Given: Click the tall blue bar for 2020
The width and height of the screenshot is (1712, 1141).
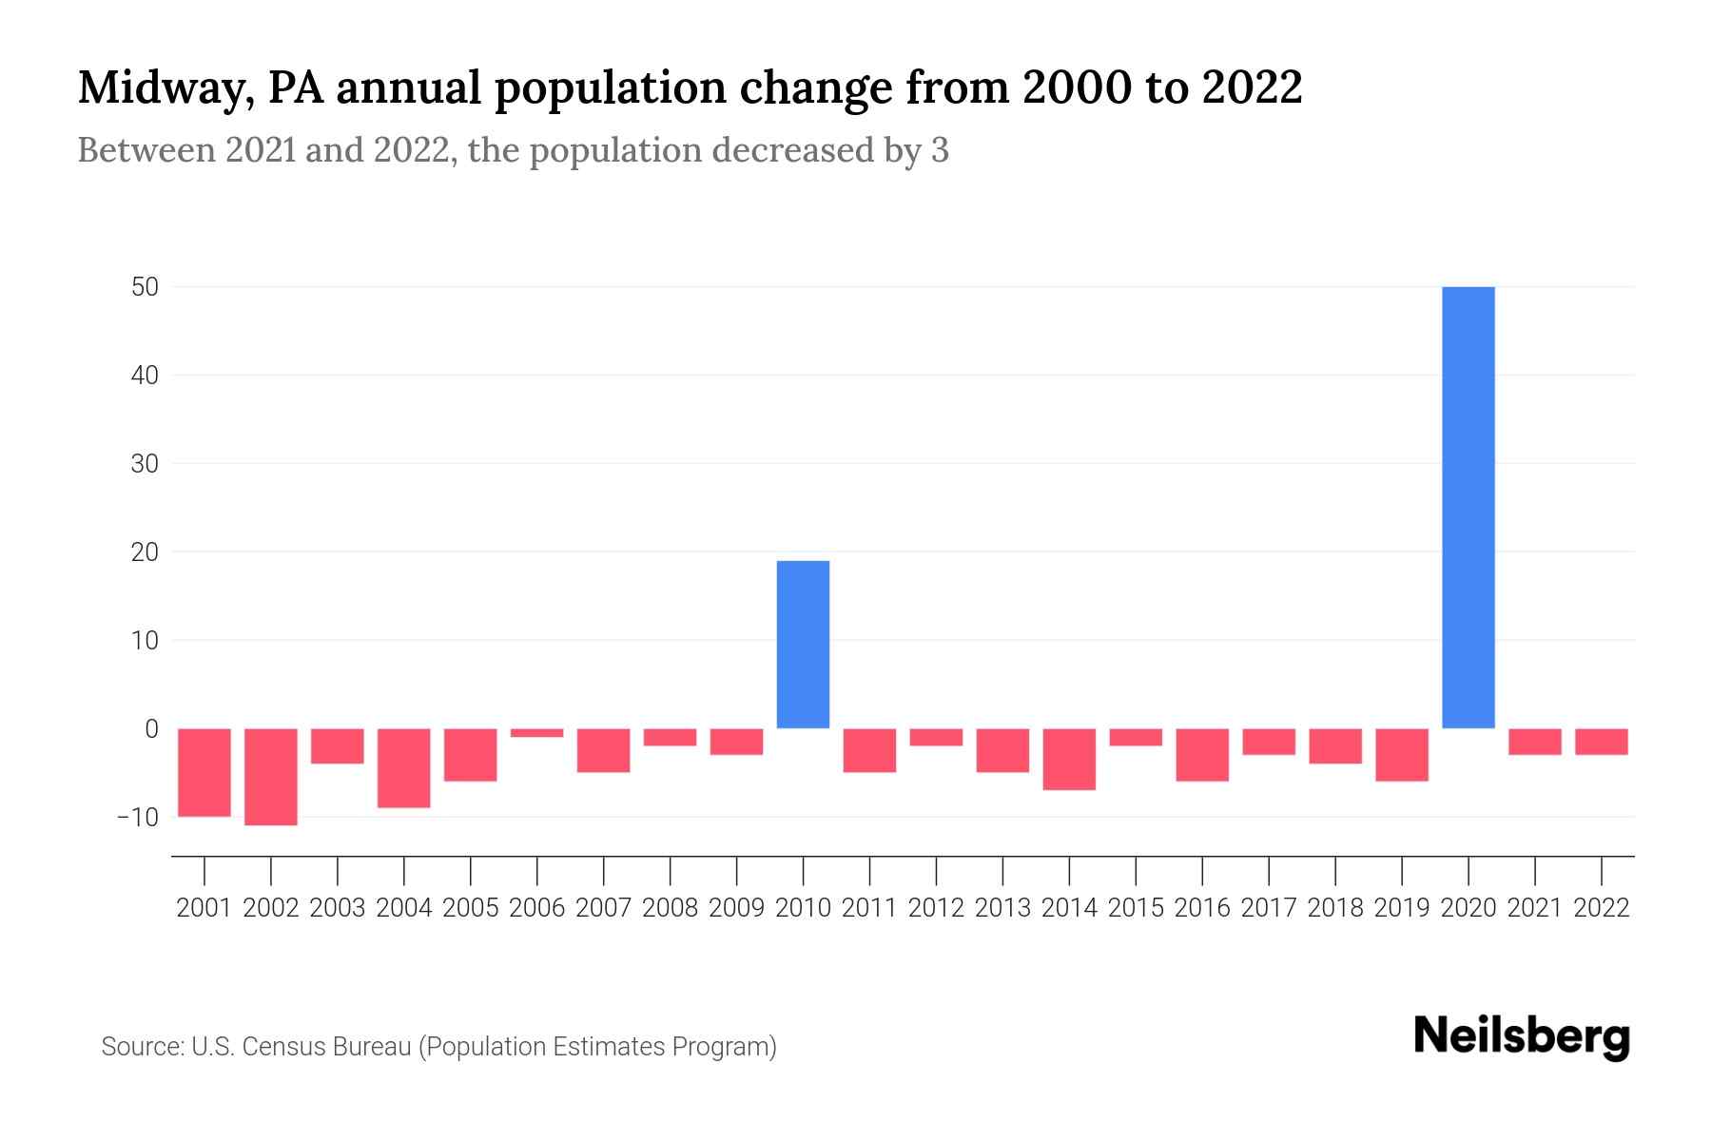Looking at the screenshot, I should pos(1468,507).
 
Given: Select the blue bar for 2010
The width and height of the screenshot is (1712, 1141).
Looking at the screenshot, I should pos(803,645).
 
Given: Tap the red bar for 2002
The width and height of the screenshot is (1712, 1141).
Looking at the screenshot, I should pos(271,777).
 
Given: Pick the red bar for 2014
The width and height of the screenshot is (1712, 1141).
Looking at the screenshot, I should pos(1069,759).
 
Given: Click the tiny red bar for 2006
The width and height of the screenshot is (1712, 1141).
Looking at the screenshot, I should pos(537,733).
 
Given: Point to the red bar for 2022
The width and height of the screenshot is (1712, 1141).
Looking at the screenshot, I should pos(1602,742).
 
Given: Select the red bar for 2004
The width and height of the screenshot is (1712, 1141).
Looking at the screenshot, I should pos(404,768).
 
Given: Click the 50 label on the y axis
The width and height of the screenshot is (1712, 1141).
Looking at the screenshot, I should pos(145,287).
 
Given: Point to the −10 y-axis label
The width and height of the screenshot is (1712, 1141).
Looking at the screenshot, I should pos(137,818).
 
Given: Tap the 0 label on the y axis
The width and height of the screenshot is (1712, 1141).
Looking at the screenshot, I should pos(151,729).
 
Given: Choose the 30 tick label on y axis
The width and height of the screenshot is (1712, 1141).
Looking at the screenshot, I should pos(145,464).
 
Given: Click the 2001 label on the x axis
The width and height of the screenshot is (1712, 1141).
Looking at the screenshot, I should pos(204,908).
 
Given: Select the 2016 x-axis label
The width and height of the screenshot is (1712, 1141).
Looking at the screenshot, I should pos(1202,908).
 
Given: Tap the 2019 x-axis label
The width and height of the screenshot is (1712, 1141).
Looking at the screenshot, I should pos(1402,908).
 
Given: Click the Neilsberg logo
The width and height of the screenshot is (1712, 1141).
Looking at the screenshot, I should pos(1522,1036).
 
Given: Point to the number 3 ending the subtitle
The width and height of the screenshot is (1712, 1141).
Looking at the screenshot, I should pos(940,150).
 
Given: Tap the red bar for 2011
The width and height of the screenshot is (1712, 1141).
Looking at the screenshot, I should pos(869,750).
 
